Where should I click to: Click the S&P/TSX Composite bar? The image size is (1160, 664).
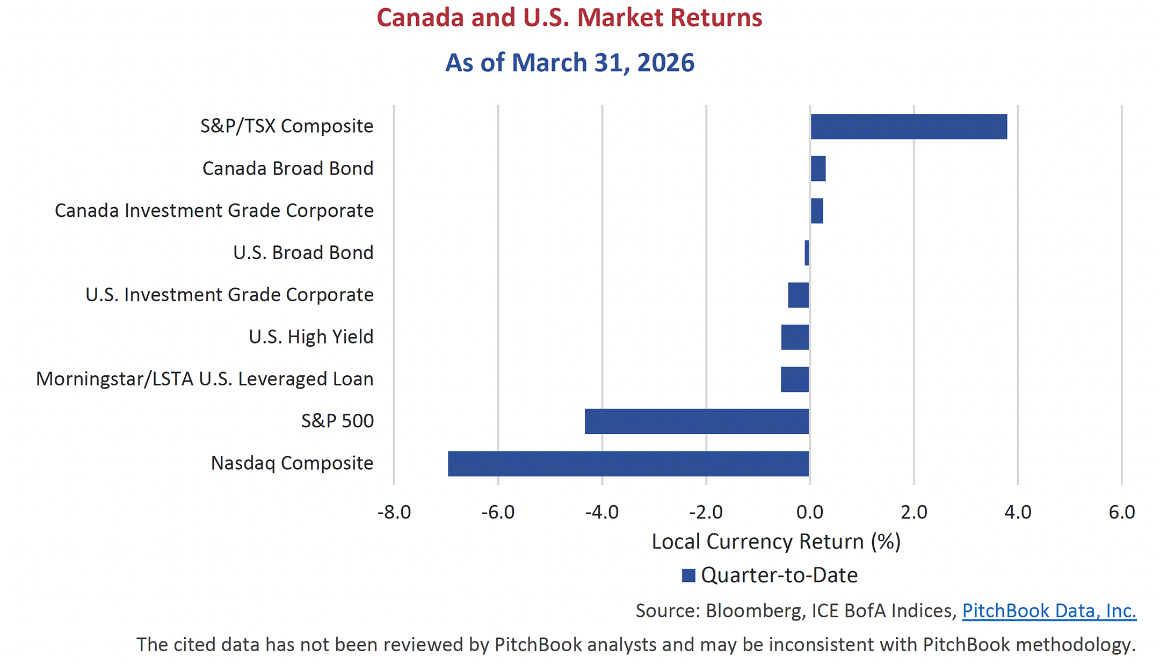[x=909, y=127]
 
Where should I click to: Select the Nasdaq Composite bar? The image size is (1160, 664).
[x=628, y=464]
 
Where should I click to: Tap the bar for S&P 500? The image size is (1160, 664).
[x=697, y=421]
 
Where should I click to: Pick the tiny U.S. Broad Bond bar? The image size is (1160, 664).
[x=807, y=253]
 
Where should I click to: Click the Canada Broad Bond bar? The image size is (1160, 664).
[x=818, y=169]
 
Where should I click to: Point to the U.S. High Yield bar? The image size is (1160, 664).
[x=795, y=337]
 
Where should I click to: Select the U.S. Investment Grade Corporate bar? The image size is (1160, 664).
[x=798, y=295]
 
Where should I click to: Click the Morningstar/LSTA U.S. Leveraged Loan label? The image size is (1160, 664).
[x=205, y=379]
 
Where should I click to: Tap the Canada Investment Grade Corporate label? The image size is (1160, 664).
[x=214, y=210]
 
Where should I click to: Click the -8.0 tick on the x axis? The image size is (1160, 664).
[x=394, y=512]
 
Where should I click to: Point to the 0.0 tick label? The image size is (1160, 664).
[x=810, y=512]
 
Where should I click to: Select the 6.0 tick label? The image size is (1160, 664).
[x=1121, y=512]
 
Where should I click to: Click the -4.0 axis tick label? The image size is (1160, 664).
[x=601, y=512]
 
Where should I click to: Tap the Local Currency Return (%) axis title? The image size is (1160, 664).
[x=775, y=542]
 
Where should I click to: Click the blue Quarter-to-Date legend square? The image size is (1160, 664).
[x=688, y=575]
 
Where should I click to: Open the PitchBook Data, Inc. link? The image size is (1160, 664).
[x=1049, y=611]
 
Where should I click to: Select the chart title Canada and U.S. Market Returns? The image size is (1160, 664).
[x=569, y=18]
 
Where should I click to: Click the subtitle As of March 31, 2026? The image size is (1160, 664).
[x=569, y=63]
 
